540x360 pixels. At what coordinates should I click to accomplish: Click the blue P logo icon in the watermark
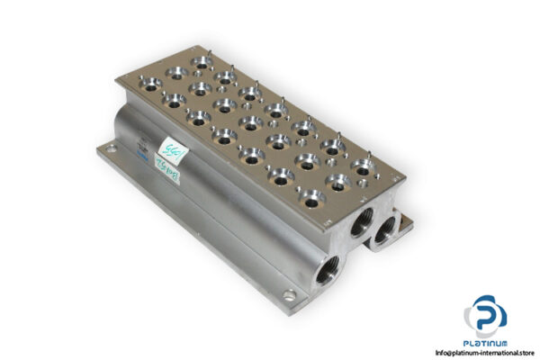[486, 314]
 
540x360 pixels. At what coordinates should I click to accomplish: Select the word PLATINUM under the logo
[485, 343]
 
